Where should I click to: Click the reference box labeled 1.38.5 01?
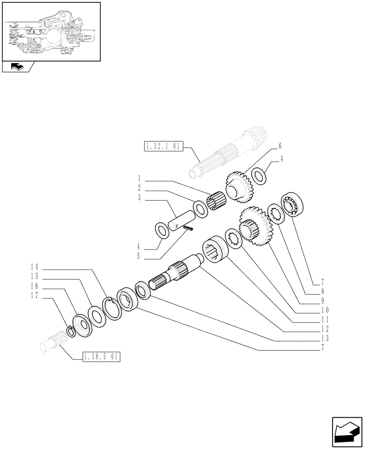pyautogui.click(x=102, y=357)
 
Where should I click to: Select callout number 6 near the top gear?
pyautogui.click(x=280, y=146)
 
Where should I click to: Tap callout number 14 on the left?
pyautogui.click(x=34, y=266)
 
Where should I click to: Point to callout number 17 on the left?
pyautogui.click(x=34, y=296)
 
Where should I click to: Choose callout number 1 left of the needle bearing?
pyautogui.click(x=140, y=178)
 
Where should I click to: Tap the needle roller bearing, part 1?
pyautogui.click(x=217, y=200)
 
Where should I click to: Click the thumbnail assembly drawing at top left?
pyautogui.click(x=51, y=31)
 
